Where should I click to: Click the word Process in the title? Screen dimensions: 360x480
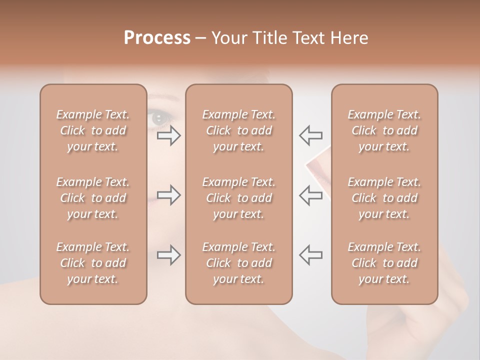pyautogui.click(x=157, y=38)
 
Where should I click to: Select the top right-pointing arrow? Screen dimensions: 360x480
pyautogui.click(x=169, y=135)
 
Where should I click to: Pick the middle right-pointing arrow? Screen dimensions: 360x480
pyautogui.click(x=169, y=195)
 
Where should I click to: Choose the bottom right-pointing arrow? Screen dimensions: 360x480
pyautogui.click(x=169, y=255)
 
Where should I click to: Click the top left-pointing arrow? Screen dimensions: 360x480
pyautogui.click(x=310, y=135)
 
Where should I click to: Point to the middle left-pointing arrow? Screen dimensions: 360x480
pyautogui.click(x=310, y=195)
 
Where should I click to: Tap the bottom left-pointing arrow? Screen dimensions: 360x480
pyautogui.click(x=310, y=255)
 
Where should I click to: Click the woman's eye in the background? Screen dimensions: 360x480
pyautogui.click(x=159, y=118)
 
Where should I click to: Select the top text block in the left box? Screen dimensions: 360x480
pyautogui.click(x=93, y=130)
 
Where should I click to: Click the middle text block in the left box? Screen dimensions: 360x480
pyautogui.click(x=93, y=198)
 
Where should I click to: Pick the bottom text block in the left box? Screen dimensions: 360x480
pyautogui.click(x=93, y=263)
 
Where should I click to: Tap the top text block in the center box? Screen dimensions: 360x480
pyautogui.click(x=238, y=130)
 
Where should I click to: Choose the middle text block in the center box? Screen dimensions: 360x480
pyautogui.click(x=238, y=198)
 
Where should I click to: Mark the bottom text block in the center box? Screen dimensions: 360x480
pyautogui.click(x=238, y=263)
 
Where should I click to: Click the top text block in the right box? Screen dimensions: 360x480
pyautogui.click(x=384, y=130)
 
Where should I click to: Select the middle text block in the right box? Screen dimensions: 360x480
pyautogui.click(x=384, y=198)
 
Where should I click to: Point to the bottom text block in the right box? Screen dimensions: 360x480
pyautogui.click(x=384, y=263)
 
